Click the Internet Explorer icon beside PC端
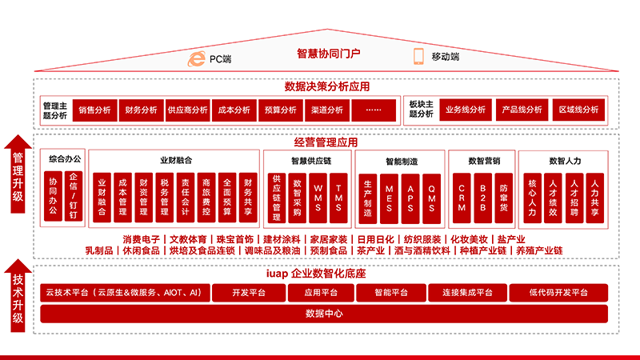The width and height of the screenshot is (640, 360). coord(196,58)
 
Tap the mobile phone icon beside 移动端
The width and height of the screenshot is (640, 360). coord(418,56)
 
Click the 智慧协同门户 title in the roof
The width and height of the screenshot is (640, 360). coord(328,54)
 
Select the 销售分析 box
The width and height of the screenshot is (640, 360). coord(94,110)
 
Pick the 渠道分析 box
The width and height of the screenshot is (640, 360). coord(327,110)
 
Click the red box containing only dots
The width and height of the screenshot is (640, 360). coord(374,110)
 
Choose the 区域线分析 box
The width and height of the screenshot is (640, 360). coord(578,110)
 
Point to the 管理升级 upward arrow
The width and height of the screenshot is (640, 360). coord(18,174)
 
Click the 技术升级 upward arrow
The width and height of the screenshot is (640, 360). coord(18,295)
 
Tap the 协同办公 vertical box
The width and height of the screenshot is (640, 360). coord(53,196)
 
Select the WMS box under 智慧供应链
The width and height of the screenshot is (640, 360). coord(318,198)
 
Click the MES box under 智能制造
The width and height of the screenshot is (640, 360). coord(389,198)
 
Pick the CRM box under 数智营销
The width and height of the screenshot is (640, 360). coord(462,198)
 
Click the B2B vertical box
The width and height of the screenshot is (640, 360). coord(483,198)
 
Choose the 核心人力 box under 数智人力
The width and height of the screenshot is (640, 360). coord(532,198)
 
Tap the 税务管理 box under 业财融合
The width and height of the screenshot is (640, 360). coord(165,198)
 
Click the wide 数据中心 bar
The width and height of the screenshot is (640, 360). coord(324,314)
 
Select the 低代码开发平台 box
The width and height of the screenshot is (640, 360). coord(558,293)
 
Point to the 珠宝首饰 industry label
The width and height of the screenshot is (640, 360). coord(235,239)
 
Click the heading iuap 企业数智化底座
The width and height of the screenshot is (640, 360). coord(316,274)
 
